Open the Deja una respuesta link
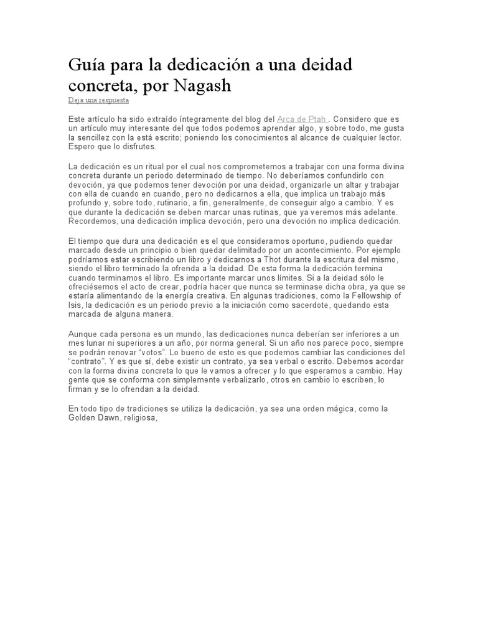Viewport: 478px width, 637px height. point(98,100)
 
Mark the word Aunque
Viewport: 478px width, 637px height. point(83,334)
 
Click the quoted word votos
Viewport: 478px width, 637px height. point(152,352)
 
